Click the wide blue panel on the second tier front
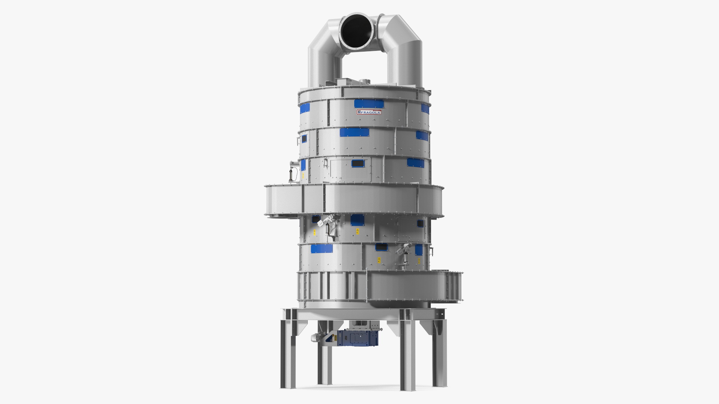355,132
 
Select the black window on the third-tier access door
358,163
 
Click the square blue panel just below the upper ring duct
355,220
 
